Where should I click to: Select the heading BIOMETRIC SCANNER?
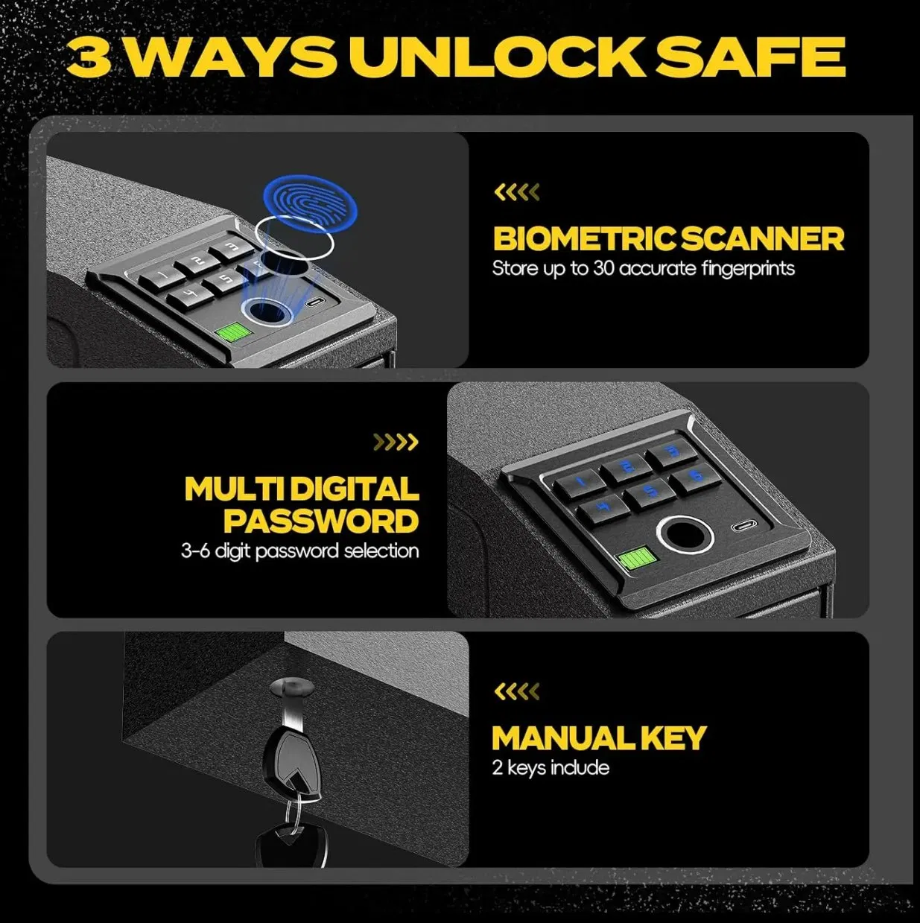668,239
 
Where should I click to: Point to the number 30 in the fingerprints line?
604,269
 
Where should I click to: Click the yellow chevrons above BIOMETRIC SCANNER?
516,193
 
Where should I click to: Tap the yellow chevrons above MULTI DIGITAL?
396,443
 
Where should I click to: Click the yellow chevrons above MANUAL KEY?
516,692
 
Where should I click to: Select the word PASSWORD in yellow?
321,521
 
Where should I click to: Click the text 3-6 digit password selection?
300,551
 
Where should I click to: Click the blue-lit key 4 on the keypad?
604,507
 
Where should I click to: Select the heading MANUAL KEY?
599,738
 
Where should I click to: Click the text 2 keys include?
551,768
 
